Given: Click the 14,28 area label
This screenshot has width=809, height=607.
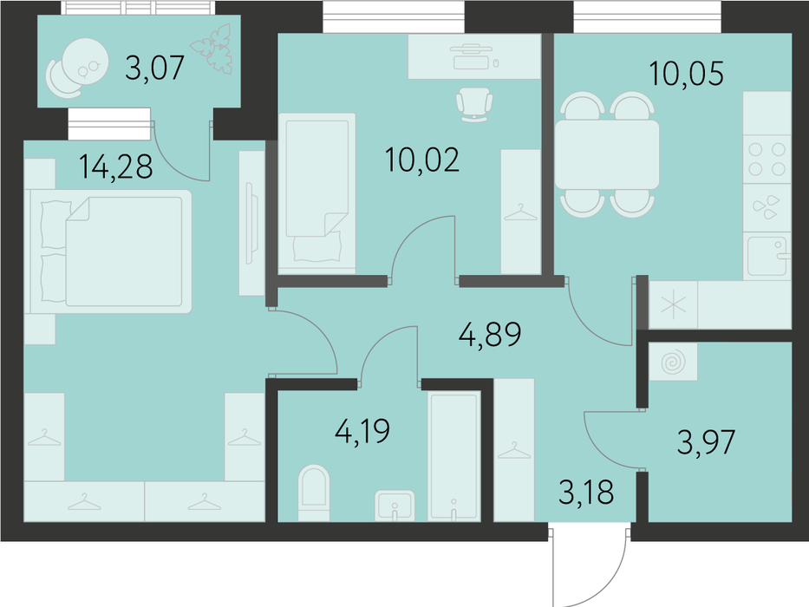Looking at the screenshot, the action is (116, 166).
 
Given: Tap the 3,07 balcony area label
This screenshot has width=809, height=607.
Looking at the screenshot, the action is (155, 69).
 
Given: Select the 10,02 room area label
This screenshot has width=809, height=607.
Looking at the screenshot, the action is (422, 160).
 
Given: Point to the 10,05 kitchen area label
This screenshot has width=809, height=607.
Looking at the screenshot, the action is (686, 73).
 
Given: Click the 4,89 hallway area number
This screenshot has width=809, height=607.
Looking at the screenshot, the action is (490, 335).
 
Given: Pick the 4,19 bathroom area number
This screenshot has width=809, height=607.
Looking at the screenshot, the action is (362, 432).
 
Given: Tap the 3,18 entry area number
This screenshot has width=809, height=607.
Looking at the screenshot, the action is (586, 492).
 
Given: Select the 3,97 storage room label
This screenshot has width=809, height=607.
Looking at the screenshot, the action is (706, 442).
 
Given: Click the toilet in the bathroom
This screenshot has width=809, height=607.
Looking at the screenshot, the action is (314, 493).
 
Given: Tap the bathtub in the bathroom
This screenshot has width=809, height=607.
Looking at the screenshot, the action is (454, 455).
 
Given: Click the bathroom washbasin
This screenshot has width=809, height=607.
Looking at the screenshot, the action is (395, 506).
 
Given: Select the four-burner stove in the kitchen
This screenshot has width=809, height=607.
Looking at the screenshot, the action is (767, 159).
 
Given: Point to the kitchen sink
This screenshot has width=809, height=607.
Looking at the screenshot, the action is (767, 256).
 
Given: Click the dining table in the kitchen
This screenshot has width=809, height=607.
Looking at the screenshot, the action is (607, 155).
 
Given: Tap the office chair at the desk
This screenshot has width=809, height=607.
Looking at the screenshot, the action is (474, 104).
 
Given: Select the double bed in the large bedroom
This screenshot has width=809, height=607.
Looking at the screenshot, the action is (108, 251).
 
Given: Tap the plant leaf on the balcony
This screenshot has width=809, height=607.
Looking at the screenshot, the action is (212, 49).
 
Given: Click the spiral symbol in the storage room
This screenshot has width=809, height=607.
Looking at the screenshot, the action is (674, 362).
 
